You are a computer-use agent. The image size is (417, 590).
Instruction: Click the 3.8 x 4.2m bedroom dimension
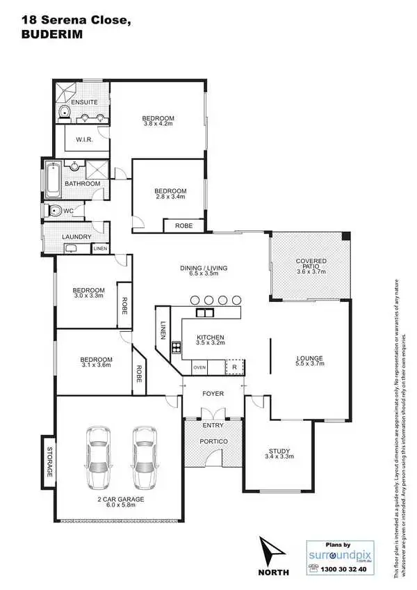158,125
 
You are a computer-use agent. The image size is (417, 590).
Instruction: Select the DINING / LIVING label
204,268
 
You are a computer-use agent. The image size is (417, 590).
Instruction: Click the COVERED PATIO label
311,261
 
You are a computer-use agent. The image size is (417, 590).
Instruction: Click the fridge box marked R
235,367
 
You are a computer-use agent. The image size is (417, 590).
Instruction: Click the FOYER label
213,394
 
